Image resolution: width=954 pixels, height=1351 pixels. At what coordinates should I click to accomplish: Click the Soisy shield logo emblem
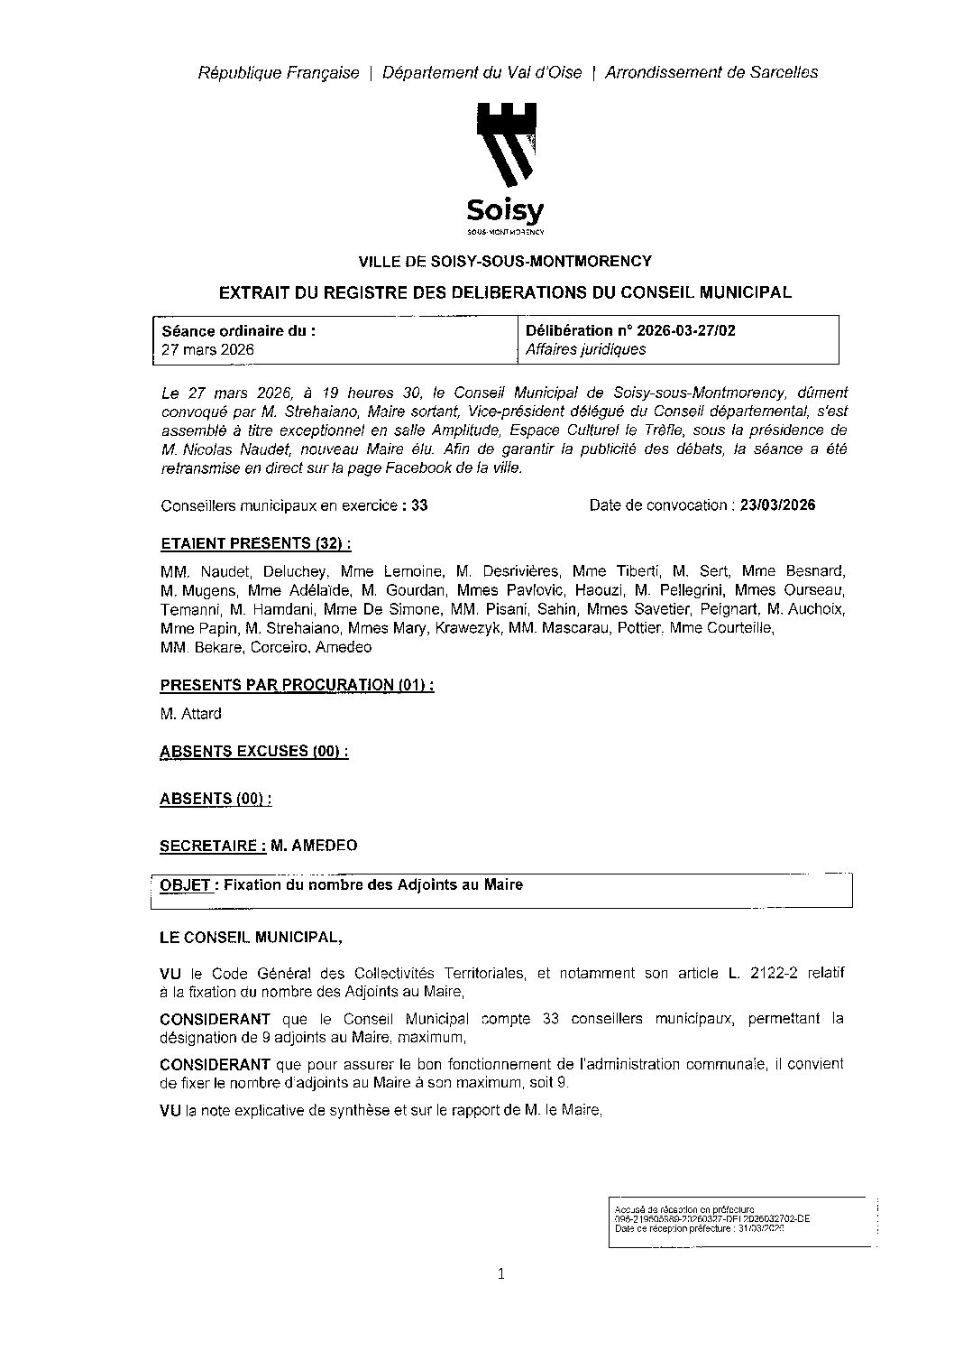tap(506, 144)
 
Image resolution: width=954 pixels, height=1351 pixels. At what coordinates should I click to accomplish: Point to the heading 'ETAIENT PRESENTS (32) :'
tap(255, 543)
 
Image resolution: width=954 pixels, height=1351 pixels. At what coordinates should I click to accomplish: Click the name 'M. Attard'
tap(190, 713)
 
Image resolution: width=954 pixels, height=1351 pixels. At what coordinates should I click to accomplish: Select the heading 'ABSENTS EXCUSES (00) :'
tap(254, 751)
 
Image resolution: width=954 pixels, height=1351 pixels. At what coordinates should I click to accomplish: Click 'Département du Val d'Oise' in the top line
tap(482, 72)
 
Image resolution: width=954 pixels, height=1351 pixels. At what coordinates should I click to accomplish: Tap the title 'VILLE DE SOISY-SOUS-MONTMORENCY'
tap(505, 262)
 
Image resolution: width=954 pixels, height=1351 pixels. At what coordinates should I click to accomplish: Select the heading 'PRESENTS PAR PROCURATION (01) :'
tap(297, 684)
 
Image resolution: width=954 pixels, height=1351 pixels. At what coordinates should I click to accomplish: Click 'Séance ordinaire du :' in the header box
tap(238, 330)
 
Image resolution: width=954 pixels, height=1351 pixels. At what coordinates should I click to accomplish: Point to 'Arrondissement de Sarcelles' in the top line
tap(711, 72)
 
